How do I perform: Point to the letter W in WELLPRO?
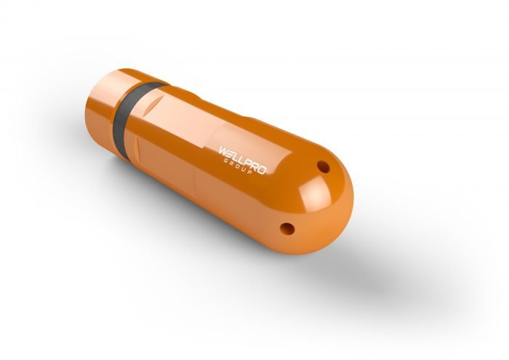[x=223, y=150]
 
